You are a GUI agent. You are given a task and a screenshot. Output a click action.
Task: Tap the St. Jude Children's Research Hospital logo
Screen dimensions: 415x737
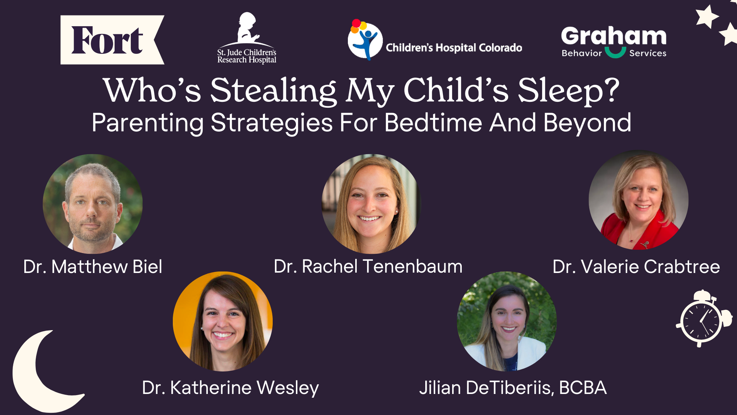coord(247,39)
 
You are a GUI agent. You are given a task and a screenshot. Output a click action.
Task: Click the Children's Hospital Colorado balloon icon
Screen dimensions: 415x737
coord(364,40)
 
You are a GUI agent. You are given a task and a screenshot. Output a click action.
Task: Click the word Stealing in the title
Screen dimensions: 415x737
coord(273,91)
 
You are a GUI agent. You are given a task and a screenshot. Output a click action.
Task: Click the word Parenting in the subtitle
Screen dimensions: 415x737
coord(147,123)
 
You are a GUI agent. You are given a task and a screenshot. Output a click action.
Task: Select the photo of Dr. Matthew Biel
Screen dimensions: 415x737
coord(92,204)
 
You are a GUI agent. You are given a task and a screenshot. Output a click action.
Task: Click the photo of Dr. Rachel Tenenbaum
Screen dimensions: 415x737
coord(371,204)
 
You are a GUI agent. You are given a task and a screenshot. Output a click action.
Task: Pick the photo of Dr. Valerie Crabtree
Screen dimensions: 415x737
coord(638,200)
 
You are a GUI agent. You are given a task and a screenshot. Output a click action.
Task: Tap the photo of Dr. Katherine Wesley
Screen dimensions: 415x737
coord(223,321)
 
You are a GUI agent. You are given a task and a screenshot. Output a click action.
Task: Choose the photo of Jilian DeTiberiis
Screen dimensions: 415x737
coord(507,321)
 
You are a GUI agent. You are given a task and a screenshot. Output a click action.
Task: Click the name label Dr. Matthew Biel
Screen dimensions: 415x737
coord(92,267)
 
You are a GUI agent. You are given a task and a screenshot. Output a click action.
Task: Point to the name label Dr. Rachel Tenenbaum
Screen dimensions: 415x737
coord(368,266)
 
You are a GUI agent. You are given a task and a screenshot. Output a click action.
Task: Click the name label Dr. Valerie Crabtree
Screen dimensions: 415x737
coord(636,267)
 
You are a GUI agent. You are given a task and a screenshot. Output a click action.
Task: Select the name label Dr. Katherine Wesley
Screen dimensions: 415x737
coord(230,388)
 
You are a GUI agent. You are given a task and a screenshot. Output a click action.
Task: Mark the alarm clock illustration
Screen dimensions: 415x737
coord(702,319)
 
